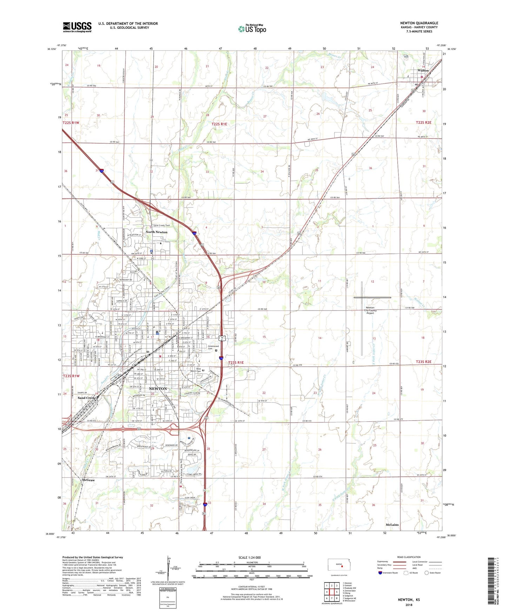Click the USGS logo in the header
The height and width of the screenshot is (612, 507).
click(x=77, y=27)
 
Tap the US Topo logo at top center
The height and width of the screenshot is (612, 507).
click(x=252, y=29)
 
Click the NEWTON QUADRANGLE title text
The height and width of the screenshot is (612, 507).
click(x=419, y=23)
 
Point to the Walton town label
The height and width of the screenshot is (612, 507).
click(x=423, y=70)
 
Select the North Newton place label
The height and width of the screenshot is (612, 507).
click(x=156, y=232)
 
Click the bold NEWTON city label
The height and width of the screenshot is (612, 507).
click(x=158, y=389)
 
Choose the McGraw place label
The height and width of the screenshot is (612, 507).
click(x=88, y=480)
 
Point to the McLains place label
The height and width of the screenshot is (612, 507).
click(x=392, y=525)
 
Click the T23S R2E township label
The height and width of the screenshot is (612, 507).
click(x=423, y=362)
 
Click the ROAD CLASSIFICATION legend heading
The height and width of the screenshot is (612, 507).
click(x=409, y=557)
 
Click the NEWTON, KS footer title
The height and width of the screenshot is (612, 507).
click(x=409, y=600)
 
